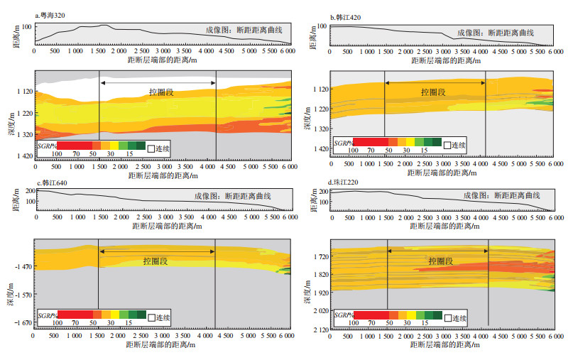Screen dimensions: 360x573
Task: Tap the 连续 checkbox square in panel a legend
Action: pyautogui.click(x=151, y=148)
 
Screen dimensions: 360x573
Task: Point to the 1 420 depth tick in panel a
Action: pyautogui.click(x=23, y=156)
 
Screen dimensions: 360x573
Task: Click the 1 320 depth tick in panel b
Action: pyautogui.click(x=319, y=129)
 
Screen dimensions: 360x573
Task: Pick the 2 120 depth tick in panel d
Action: pyautogui.click(x=319, y=329)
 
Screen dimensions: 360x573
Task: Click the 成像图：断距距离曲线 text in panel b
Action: pyautogui.click(x=495, y=33)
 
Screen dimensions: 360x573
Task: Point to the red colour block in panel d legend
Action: pyautogui.click(x=369, y=314)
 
